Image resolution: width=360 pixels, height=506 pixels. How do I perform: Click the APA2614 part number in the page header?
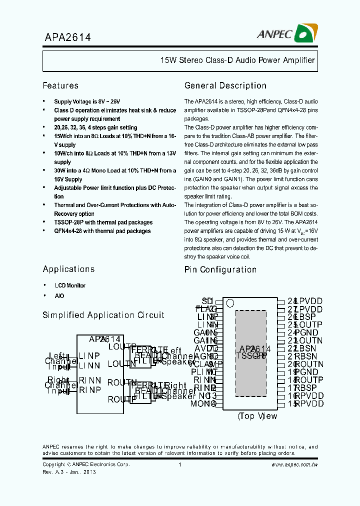(66, 37)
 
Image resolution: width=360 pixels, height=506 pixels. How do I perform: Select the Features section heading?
(60, 85)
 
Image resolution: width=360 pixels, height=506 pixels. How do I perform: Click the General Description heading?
(225, 85)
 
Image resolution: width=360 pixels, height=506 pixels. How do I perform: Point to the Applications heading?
(68, 269)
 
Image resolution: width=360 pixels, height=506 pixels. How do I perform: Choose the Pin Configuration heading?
(220, 269)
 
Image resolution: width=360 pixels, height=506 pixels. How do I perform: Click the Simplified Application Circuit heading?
(103, 315)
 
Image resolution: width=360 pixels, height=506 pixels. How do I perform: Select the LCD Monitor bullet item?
(70, 285)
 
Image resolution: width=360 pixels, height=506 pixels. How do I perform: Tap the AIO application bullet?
(59, 295)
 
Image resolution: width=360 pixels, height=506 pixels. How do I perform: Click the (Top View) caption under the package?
(257, 416)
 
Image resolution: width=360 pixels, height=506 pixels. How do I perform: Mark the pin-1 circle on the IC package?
(230, 302)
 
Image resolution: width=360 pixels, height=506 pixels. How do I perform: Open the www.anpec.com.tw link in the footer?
(294, 464)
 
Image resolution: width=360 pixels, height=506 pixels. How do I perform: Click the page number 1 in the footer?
(179, 464)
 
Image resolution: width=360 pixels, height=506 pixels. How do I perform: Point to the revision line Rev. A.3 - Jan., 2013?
(69, 472)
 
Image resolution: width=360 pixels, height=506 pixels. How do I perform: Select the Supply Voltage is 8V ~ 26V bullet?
(87, 101)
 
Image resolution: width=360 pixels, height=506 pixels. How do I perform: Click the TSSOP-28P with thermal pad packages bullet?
(103, 222)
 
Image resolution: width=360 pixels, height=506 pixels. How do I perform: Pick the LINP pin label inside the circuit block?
(89, 355)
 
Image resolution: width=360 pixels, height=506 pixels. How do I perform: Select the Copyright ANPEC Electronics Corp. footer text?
(86, 464)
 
